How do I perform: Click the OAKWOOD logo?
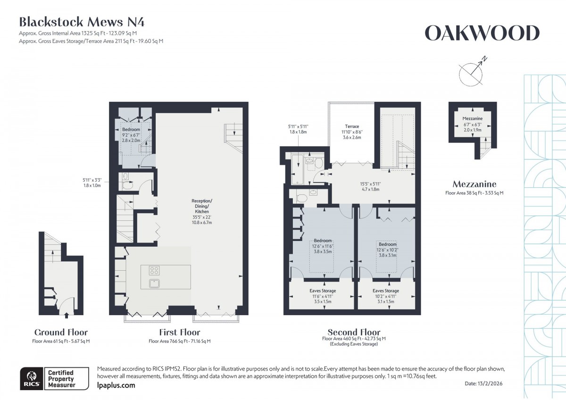click(x=482, y=33)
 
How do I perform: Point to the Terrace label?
click(x=352, y=126)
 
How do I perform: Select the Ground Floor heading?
click(x=61, y=332)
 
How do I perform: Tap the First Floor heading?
click(x=179, y=332)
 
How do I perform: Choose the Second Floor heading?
click(x=354, y=332)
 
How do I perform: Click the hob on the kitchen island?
click(x=154, y=270)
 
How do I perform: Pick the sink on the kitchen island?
click(x=154, y=283)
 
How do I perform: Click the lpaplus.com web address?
click(x=116, y=385)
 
